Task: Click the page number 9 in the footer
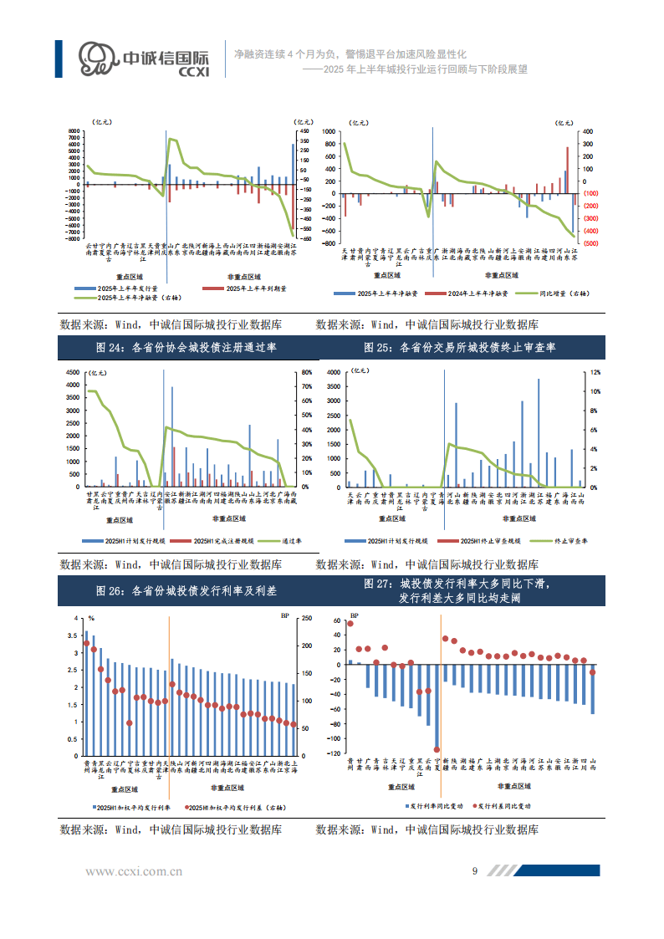click(x=475, y=870)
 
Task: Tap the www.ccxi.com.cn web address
click(x=134, y=871)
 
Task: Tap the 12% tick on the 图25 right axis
click(x=595, y=372)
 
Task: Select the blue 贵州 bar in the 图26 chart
click(x=85, y=694)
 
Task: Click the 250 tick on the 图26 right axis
click(x=306, y=619)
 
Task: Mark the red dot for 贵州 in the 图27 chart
click(x=350, y=624)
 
